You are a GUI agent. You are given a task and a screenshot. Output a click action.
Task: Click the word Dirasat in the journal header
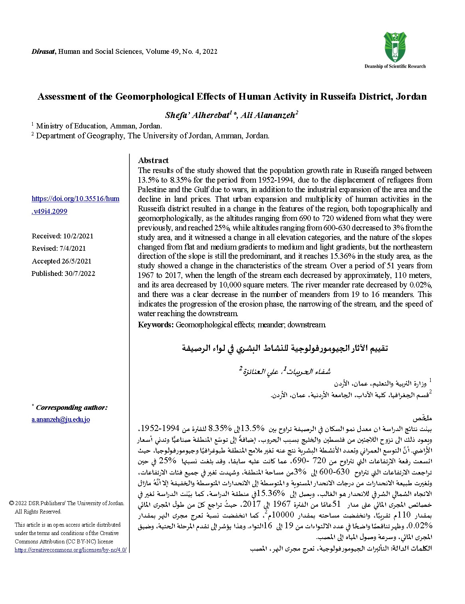tap(44, 51)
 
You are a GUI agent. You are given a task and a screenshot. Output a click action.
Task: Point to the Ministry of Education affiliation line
tap(99, 126)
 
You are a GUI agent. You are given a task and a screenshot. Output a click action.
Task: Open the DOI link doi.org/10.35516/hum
tap(75, 199)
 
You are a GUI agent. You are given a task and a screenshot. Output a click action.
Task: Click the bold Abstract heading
tap(153, 160)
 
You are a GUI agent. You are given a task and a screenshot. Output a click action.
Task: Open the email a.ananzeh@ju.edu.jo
tap(61, 419)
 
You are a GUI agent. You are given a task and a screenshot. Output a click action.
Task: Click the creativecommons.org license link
tap(71, 550)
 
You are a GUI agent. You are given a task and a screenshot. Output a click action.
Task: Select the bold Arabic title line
tap(285, 348)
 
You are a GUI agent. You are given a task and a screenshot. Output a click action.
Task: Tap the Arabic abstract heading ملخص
tap(423, 419)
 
